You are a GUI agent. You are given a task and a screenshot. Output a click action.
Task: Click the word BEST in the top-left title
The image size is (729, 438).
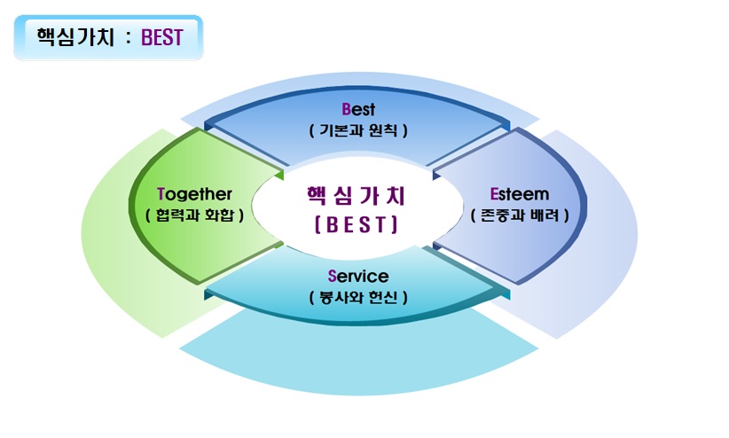[x=161, y=37]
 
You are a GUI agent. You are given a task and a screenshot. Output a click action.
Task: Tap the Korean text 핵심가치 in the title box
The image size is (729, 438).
[x=75, y=37]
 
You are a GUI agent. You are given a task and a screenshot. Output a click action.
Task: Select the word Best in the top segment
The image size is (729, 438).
[x=358, y=109]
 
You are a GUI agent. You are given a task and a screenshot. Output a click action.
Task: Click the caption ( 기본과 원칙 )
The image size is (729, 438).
[x=358, y=130]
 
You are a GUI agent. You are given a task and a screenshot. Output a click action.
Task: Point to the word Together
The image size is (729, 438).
[x=194, y=194]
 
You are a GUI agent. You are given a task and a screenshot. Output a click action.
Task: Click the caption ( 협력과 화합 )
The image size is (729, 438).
[x=194, y=215]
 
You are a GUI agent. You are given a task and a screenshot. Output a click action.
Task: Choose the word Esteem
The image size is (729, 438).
[x=520, y=194]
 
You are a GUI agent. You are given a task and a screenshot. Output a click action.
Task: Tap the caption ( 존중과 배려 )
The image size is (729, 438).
[x=520, y=215]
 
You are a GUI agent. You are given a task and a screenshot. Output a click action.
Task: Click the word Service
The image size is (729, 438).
[x=358, y=277]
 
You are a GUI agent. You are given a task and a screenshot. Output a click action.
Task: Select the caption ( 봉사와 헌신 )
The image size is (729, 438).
[x=358, y=297]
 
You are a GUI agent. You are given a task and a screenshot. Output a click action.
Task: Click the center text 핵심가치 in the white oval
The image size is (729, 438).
[x=357, y=196]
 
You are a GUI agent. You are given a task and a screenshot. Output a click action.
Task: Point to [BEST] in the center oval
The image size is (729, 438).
[x=357, y=224]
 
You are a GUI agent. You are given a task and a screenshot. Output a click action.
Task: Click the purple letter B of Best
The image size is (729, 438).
[x=346, y=109]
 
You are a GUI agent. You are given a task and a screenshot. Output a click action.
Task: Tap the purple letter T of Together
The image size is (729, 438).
[x=161, y=194]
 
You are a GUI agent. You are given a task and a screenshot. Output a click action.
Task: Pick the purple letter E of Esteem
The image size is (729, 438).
[x=494, y=194]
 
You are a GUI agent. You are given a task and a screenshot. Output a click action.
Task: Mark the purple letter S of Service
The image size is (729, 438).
[x=332, y=277]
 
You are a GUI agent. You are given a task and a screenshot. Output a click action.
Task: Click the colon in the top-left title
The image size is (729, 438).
[x=129, y=38]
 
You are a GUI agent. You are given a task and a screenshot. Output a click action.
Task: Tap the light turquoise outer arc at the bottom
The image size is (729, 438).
[x=358, y=367]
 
